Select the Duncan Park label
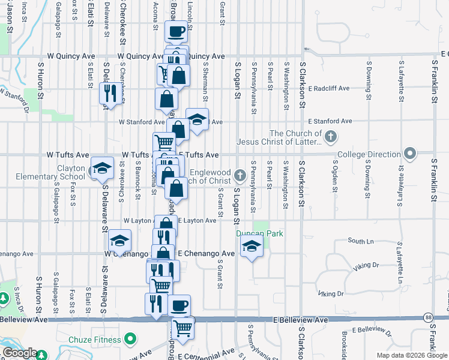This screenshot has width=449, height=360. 259,233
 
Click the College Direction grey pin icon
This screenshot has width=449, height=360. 410,154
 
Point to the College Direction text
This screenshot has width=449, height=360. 369,154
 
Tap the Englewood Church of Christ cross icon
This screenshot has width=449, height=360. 240,175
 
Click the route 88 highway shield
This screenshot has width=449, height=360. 427,317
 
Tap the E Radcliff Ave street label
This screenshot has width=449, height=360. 328,88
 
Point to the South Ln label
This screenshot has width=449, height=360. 360,241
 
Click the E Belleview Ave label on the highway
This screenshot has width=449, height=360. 301,320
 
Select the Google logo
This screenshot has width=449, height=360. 19,353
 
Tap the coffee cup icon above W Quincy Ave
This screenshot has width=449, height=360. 176,31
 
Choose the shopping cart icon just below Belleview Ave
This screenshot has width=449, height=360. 182,327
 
